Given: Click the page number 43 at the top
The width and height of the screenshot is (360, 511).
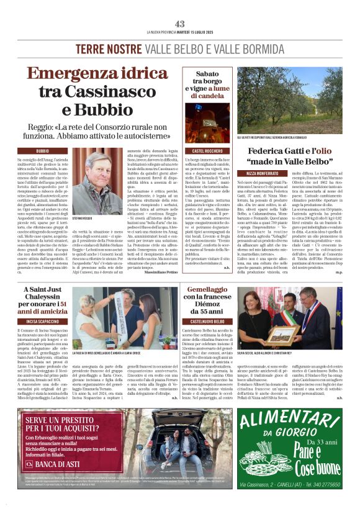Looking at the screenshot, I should point(180,24).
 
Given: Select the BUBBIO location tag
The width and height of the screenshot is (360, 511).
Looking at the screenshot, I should point(43,151).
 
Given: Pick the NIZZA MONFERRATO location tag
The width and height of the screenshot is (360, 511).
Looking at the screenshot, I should point(264,173).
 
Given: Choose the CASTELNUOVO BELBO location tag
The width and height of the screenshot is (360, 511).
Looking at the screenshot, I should point(209,322).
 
